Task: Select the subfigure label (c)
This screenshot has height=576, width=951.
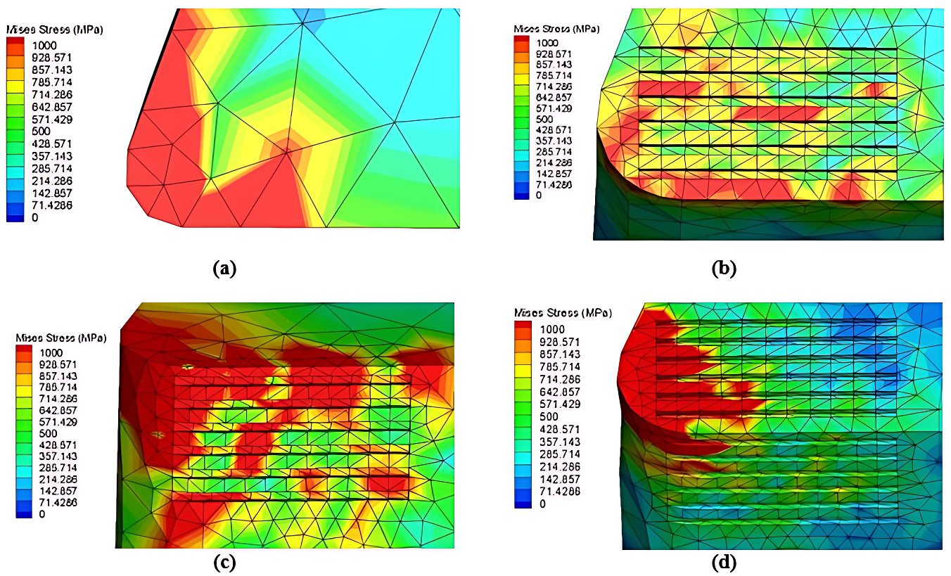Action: point(223,562)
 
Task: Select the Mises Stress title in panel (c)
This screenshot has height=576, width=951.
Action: point(61,338)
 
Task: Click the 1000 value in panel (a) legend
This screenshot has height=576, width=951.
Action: point(43,44)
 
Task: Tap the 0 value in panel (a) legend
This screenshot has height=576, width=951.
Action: point(34,218)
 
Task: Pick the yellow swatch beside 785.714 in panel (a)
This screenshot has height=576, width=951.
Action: point(16,82)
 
